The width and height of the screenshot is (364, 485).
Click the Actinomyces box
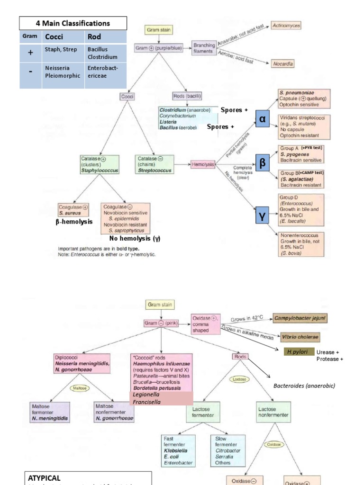pyautogui.click(x=286, y=26)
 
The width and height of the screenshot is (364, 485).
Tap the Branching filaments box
pyautogui.click(x=203, y=48)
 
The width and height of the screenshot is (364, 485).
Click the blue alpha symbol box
pyautogui.click(x=262, y=119)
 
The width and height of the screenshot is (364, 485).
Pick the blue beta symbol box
pyautogui.click(x=262, y=163)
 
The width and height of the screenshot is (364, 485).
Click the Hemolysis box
pyautogui.click(x=202, y=164)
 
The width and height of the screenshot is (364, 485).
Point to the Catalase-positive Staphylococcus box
pyautogui.click(x=100, y=164)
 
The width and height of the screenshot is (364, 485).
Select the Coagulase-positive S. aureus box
pyautogui.click(x=73, y=210)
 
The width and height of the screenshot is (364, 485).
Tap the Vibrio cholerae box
pyautogui.click(x=300, y=337)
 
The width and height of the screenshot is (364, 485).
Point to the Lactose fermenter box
pyautogui.click(x=203, y=412)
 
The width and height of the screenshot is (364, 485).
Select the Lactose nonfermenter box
pyautogui.click(x=273, y=412)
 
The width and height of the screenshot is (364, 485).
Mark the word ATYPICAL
pyautogui.click(x=44, y=478)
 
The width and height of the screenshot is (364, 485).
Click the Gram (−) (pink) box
pyautogui.click(x=161, y=323)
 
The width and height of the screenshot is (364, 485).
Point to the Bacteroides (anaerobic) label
pyautogui.click(x=304, y=386)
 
